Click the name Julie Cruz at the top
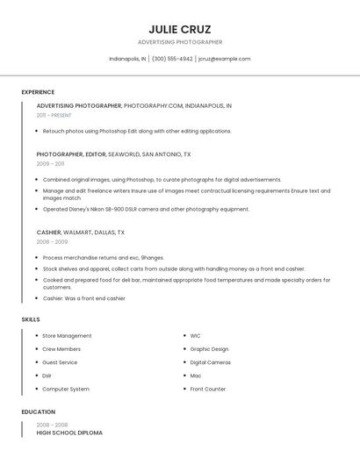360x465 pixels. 180,29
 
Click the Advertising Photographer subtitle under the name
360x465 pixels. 180,42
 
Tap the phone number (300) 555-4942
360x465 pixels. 172,59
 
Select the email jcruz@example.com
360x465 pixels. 225,59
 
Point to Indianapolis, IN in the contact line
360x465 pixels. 127,59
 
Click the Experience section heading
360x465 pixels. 38,92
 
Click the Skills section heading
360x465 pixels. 31,319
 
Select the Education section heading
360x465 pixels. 39,411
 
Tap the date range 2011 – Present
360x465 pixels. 54,115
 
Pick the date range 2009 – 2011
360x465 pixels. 50,164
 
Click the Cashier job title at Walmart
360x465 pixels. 49,232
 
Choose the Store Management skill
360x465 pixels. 67,335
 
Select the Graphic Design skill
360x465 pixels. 209,348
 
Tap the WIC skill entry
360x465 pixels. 195,335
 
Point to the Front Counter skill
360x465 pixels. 208,389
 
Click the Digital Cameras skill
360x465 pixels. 211,361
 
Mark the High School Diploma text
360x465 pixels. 69,433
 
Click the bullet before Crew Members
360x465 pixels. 36,348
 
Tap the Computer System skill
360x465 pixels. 66,389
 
